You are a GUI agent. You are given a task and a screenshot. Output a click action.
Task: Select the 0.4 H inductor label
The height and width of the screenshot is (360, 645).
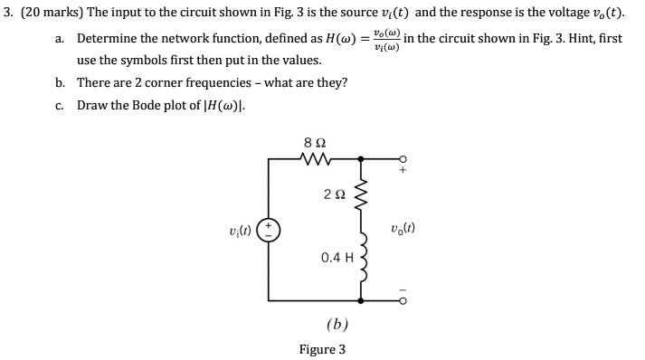336,257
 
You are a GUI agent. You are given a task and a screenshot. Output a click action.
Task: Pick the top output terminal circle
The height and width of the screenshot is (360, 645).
403,159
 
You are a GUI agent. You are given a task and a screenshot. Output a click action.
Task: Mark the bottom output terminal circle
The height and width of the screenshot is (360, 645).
403,298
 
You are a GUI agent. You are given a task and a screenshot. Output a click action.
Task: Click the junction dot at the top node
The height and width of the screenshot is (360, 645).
362,159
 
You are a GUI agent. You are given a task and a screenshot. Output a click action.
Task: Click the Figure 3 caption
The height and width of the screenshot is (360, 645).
322,349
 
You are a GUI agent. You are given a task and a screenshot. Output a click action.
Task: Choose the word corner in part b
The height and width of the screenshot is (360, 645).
174,83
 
